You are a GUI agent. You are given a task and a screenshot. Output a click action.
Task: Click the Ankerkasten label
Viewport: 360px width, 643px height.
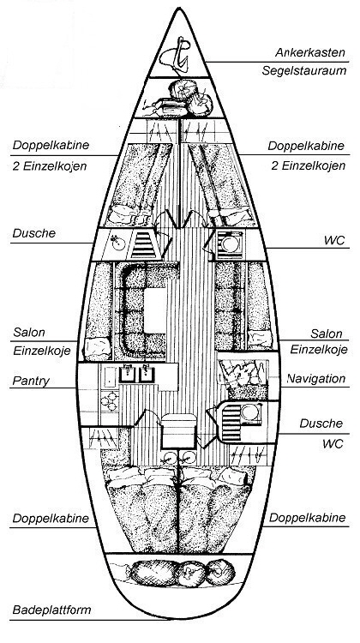coord(310,52)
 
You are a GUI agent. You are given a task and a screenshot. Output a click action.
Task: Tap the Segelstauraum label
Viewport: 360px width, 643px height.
coord(304,70)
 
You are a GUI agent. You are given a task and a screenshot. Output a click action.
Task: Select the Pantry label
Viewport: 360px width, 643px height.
coord(31,381)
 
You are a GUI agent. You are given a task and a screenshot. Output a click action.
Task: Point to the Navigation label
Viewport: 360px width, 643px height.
coord(315,378)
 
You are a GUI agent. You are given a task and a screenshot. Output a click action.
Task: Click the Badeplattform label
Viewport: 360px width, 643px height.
coord(51,610)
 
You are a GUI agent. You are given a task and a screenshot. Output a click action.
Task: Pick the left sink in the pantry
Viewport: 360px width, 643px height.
coord(127,374)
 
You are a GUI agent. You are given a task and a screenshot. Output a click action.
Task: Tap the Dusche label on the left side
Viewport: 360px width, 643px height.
coord(33,233)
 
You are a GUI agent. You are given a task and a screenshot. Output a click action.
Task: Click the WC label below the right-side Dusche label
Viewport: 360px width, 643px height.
coord(333,444)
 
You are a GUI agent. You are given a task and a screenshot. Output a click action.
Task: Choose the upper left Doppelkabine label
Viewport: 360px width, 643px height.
coord(51,145)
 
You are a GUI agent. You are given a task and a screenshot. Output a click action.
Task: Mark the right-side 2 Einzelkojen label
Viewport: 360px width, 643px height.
coord(308,165)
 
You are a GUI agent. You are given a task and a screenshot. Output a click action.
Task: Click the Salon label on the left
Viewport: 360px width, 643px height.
coord(28,332)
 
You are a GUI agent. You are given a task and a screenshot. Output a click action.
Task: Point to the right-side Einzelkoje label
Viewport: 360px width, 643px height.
coord(319,350)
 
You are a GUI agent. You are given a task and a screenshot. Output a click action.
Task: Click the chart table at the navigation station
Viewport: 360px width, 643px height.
coord(243,374)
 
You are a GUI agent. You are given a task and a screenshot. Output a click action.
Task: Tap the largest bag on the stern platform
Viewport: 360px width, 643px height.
coord(153,572)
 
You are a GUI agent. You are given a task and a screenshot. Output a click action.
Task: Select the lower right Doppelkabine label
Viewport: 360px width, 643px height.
coord(307,518)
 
